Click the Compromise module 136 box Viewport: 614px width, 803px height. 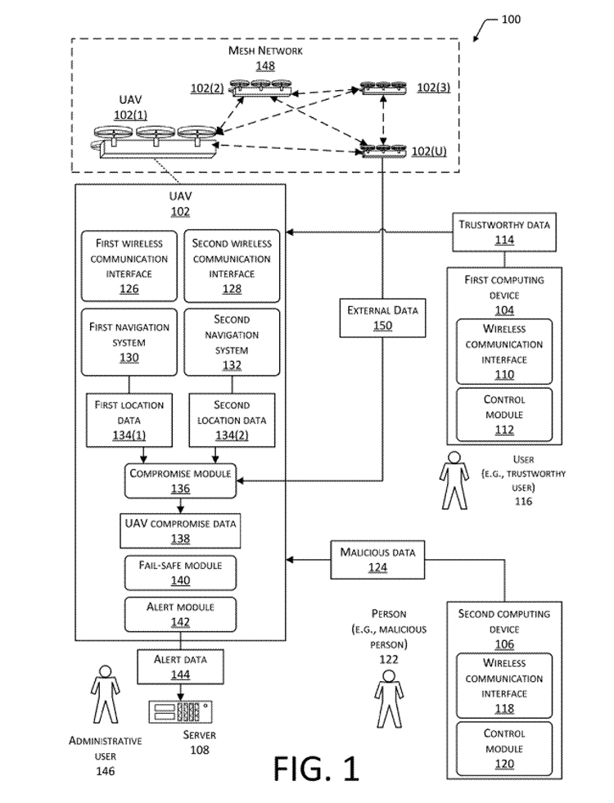(180, 480)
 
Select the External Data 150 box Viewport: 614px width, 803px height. (382, 318)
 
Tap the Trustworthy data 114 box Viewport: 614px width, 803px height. (503, 232)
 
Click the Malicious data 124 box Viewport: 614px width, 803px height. (377, 560)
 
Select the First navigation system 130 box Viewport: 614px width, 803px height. (129, 341)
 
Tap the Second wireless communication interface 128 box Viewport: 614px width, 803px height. (232, 265)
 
